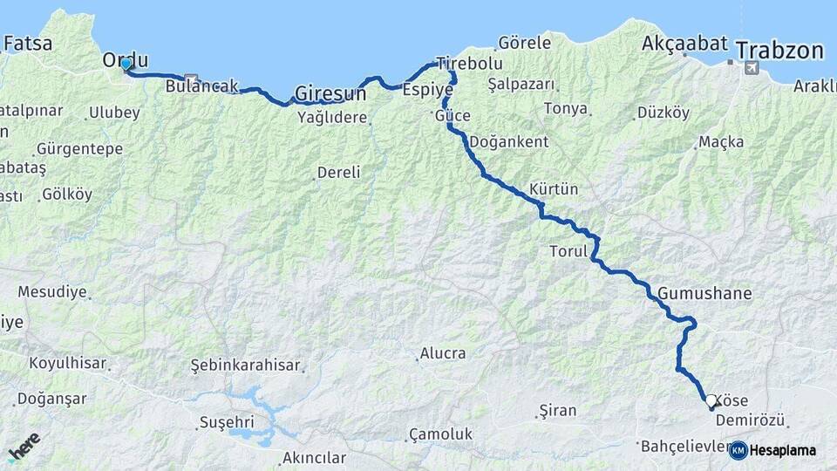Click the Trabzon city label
tap(779, 51)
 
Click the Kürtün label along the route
tap(554, 189)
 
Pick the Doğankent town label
tap(509, 141)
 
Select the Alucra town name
tap(442, 353)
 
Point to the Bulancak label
tap(201, 86)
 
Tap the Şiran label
tap(558, 409)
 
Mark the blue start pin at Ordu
tap(126, 64)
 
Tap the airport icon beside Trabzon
tap(752, 66)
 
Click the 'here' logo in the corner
tap(24, 445)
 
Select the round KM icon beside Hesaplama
tap(738, 450)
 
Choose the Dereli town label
tap(338, 172)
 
